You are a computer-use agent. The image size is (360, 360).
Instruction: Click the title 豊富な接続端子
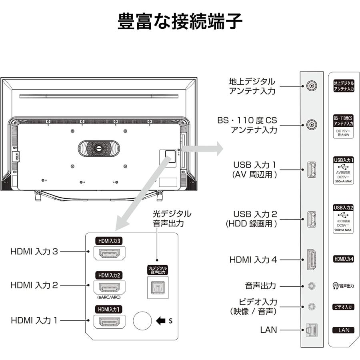[x=180, y=22]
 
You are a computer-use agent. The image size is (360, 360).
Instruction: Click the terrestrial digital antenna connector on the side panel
[x=312, y=86]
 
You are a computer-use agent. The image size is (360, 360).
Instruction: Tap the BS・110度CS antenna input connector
[x=312, y=124]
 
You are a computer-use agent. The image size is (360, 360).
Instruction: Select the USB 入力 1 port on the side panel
[x=312, y=170]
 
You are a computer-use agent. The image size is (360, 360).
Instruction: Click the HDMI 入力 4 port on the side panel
[x=312, y=259]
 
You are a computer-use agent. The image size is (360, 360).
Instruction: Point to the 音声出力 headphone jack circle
[x=312, y=286]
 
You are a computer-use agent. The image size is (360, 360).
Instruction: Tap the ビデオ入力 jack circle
[x=312, y=306]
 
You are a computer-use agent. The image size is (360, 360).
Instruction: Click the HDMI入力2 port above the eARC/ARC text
[x=109, y=287]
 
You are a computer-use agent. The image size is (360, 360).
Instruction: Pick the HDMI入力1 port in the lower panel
[x=109, y=321]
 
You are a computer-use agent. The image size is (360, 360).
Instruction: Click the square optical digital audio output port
[x=157, y=287]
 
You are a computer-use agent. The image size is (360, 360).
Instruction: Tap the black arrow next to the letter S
[x=161, y=321]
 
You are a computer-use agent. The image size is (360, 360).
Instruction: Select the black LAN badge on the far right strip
[x=344, y=330]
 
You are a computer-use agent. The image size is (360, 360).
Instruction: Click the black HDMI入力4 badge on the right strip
[x=344, y=259]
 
